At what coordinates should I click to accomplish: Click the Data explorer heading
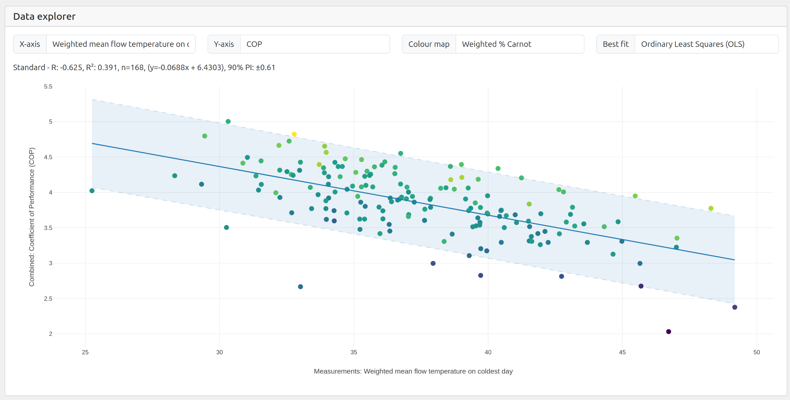[44, 17]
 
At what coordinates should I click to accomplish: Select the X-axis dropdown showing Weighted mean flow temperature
[121, 44]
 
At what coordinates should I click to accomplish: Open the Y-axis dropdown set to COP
[315, 44]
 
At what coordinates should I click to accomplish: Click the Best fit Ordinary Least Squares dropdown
[706, 44]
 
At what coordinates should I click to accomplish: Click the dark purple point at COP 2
[668, 332]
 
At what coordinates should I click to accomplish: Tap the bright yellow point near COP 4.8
[294, 134]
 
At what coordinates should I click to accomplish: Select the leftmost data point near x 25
[92, 191]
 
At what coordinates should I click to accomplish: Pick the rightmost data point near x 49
[735, 307]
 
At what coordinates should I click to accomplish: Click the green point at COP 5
[228, 121]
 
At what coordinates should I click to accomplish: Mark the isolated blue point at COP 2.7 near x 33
[300, 287]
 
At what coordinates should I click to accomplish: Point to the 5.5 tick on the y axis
[48, 87]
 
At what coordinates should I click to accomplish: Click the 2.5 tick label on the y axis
[48, 298]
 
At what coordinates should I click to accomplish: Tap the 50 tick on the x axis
[757, 352]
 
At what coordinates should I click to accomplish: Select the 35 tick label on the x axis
[354, 352]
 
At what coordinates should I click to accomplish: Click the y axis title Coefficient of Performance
[32, 217]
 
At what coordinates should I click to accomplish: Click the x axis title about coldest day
[413, 371]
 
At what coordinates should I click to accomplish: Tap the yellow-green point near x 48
[711, 208]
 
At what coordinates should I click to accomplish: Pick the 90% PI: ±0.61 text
[252, 67]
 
